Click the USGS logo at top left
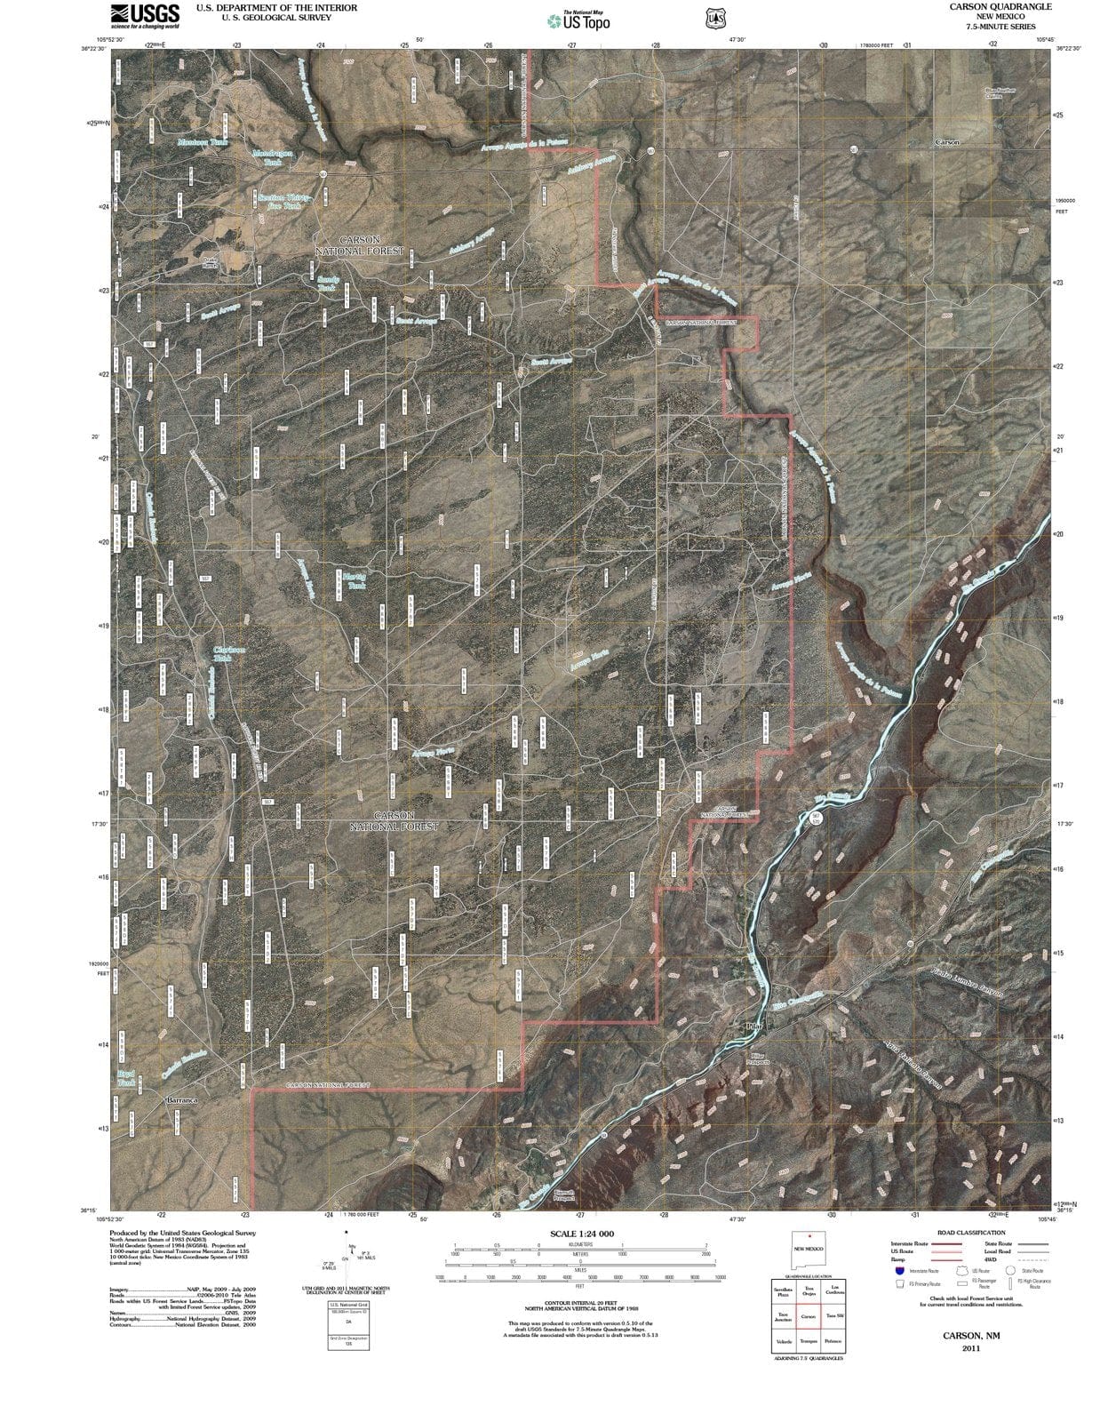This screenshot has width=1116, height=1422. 144,15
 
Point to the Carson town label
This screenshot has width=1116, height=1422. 946,142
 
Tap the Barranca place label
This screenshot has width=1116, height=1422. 180,1100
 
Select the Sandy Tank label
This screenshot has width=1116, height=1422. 327,284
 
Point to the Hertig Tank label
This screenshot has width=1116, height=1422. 354,581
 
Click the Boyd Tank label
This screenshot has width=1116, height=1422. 127,1079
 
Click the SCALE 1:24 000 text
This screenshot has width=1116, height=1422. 582,1234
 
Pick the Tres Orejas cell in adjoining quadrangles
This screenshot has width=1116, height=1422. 809,1290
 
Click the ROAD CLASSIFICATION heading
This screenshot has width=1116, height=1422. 971,1233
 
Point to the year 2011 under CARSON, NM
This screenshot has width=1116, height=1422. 970,1347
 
